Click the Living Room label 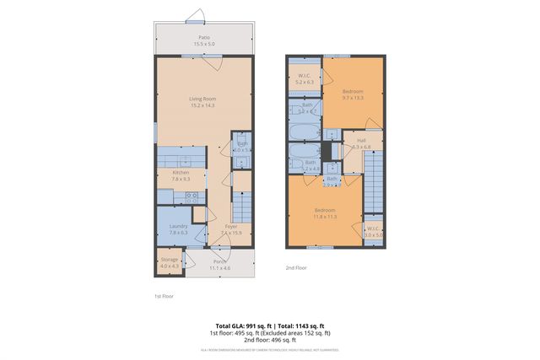coord(202,102)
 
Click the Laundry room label coord(178,228)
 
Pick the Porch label coord(219,265)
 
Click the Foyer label coord(229,228)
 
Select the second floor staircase coord(373,190)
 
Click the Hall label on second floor coord(361,143)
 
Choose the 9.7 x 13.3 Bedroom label coord(353,94)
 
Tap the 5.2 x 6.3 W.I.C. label coord(305,79)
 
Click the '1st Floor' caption coord(164,297)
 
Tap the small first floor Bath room coord(242,147)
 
